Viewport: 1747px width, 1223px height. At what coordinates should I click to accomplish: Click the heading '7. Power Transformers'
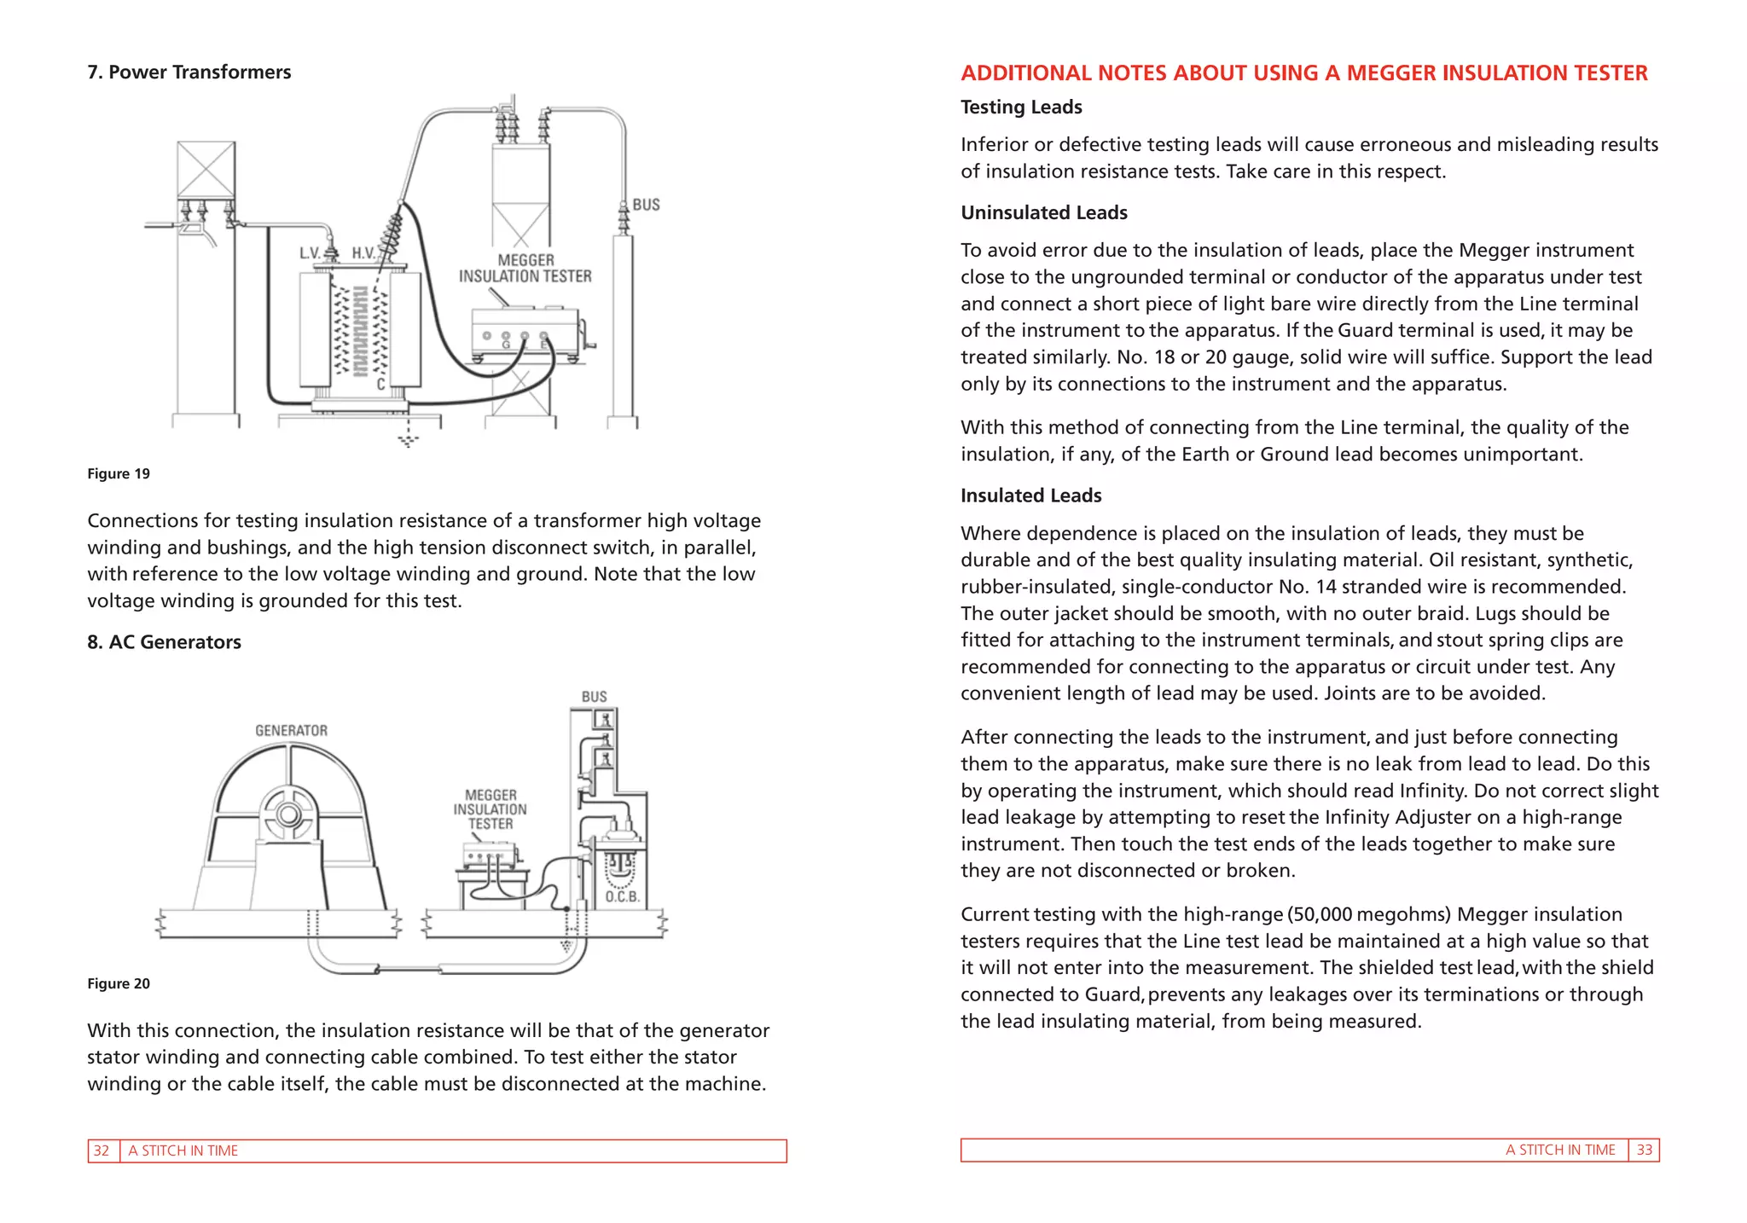click(189, 72)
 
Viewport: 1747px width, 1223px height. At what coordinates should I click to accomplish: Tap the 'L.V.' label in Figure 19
click(310, 253)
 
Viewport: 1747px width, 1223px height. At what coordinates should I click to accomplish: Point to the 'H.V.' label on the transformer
click(364, 253)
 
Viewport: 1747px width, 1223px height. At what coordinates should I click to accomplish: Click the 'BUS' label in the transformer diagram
click(646, 205)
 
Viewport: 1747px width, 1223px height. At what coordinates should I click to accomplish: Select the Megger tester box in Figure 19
click(524, 332)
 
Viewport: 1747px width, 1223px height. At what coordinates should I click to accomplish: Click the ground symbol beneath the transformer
click(409, 440)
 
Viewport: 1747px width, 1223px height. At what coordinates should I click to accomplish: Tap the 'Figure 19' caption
click(119, 474)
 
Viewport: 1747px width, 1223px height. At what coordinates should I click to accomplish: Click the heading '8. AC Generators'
click(164, 642)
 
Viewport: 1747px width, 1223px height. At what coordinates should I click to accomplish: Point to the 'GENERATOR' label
click(291, 731)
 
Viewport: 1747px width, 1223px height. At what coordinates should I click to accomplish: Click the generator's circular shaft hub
click(289, 814)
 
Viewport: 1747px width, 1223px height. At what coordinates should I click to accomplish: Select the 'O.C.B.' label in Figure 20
click(622, 896)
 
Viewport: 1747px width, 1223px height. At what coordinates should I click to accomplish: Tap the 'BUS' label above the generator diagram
click(594, 697)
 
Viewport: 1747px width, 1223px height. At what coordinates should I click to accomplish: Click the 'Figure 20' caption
click(119, 984)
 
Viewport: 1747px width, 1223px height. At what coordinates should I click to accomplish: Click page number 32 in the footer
click(102, 1151)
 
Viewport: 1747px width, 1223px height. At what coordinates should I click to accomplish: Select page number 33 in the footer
click(1644, 1150)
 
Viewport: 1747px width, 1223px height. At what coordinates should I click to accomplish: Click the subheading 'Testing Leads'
click(1021, 107)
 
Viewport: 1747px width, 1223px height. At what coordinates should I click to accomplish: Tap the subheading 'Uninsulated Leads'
click(1044, 213)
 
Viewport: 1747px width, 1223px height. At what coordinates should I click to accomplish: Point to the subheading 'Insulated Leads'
click(1030, 496)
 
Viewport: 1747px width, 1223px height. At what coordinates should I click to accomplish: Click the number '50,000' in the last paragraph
click(1322, 914)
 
